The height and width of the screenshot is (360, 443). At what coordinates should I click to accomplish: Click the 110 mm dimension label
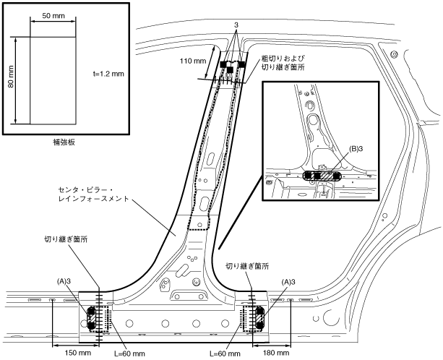coord(194,62)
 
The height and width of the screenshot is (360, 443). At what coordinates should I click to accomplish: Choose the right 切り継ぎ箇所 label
coord(246,265)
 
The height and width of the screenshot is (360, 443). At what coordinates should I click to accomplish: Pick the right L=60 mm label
coord(227,353)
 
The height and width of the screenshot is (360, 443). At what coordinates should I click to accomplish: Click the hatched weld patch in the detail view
coord(328,175)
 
